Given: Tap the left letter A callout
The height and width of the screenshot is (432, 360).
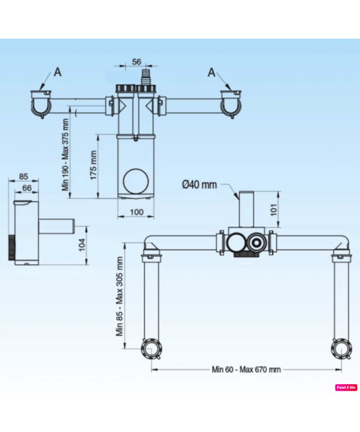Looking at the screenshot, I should pyautogui.click(x=58, y=72).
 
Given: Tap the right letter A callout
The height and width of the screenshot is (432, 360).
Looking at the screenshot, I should pyautogui.click(x=211, y=72).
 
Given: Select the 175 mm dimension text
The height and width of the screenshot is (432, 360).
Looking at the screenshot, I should pyautogui.click(x=94, y=165).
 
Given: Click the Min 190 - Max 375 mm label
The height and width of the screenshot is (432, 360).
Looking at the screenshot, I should pyautogui.click(x=66, y=154).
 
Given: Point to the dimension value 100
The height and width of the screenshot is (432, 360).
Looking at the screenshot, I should pyautogui.click(x=135, y=211).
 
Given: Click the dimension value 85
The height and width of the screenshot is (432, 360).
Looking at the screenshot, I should pyautogui.click(x=24, y=176).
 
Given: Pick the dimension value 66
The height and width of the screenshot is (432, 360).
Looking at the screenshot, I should pyautogui.click(x=27, y=187).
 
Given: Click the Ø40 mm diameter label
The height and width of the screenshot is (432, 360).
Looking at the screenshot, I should pyautogui.click(x=199, y=184).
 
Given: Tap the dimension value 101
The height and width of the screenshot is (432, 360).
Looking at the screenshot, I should pyautogui.click(x=273, y=209).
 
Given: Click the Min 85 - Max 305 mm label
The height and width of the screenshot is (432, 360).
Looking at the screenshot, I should pyautogui.click(x=120, y=297).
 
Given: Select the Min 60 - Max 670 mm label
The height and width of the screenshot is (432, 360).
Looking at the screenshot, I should pyautogui.click(x=246, y=369).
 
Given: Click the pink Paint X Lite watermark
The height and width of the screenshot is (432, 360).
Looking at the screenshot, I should pyautogui.click(x=346, y=387).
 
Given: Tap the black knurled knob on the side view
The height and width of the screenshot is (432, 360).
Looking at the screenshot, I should pyautogui.click(x=12, y=247).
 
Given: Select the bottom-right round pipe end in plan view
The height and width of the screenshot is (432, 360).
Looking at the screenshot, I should pyautogui.click(x=341, y=349).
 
